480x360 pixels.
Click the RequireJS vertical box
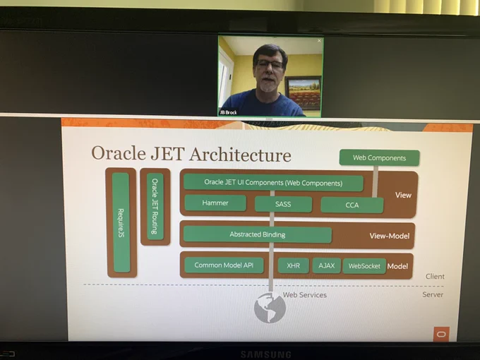point(121,222)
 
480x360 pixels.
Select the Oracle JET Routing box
point(155,206)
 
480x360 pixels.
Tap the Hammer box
point(215,203)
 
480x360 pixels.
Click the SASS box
point(283,204)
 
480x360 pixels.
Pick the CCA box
point(352,205)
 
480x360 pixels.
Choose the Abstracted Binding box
point(258,234)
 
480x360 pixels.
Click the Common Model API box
point(224,265)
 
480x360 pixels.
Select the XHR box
point(293,265)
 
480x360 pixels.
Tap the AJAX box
point(326,265)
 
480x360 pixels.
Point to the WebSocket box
point(364,266)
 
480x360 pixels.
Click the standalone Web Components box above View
point(379,157)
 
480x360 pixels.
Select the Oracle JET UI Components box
point(273,183)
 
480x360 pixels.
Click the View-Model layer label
point(390,236)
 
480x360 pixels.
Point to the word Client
point(435,277)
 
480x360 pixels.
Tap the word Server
point(433,294)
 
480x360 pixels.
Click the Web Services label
point(305,295)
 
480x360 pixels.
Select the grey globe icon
point(270,308)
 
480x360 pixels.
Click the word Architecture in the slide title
point(240,155)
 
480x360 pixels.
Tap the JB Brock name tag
point(229,112)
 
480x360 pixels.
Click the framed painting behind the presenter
point(304,92)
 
